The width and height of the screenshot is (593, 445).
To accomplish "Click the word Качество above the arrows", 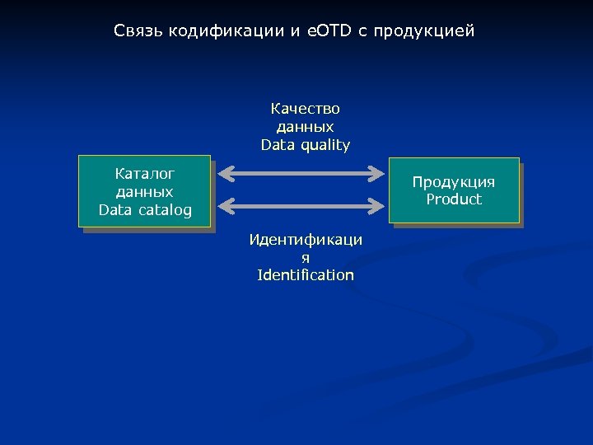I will point(306,109).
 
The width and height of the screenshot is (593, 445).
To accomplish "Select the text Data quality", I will point(306,145).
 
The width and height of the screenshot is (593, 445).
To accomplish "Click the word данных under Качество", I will point(306,127).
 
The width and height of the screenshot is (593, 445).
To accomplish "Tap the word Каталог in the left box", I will point(145,174).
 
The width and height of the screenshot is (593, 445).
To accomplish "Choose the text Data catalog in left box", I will point(145,210).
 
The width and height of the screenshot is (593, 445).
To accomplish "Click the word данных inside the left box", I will point(145,192).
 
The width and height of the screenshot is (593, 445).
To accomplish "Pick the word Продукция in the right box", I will point(454,182).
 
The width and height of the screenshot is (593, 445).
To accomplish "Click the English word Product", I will point(454,199).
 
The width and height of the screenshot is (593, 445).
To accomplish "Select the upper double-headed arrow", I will point(306,173).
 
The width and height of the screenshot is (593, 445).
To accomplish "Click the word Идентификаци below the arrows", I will point(306,240).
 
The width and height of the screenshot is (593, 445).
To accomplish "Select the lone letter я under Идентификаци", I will point(306,257).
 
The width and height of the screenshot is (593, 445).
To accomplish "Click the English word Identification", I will point(306,275).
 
